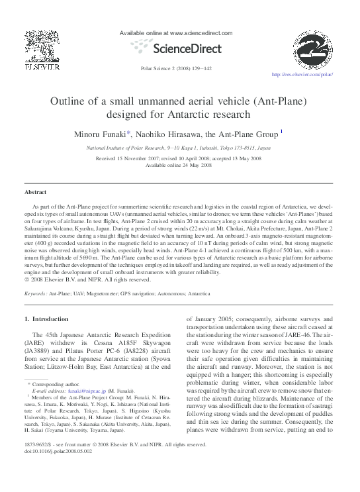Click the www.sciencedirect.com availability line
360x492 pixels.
point(175,32)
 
